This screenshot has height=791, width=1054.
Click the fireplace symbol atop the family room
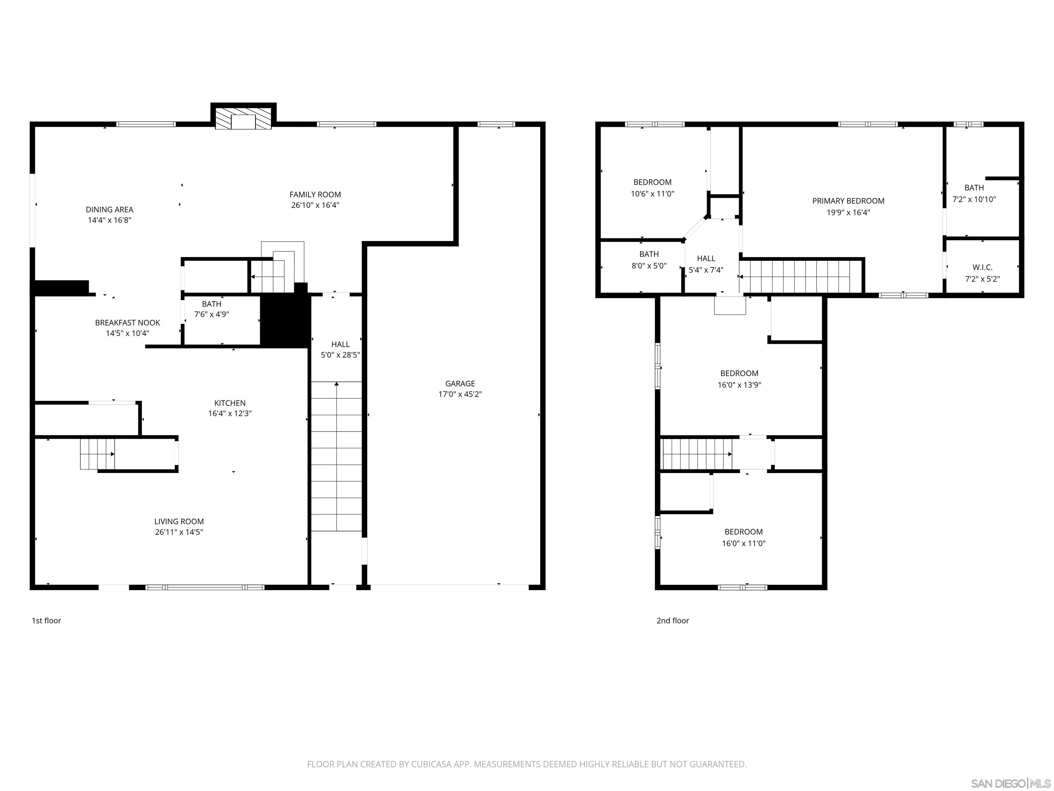pos(244,117)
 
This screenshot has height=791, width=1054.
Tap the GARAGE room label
pos(460,383)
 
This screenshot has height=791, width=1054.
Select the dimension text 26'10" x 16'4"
pos(315,205)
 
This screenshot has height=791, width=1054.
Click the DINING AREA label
pos(109,209)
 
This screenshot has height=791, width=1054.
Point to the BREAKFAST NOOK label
pos(127,323)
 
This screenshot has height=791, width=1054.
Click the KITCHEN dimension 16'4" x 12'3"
pos(230,413)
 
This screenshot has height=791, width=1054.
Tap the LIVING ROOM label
pos(179,521)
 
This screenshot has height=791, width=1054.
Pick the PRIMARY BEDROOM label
pos(848,201)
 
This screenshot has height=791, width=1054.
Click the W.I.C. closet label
pos(982,267)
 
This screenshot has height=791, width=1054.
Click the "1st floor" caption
pos(46,620)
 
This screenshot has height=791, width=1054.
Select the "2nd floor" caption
pos(672,620)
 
